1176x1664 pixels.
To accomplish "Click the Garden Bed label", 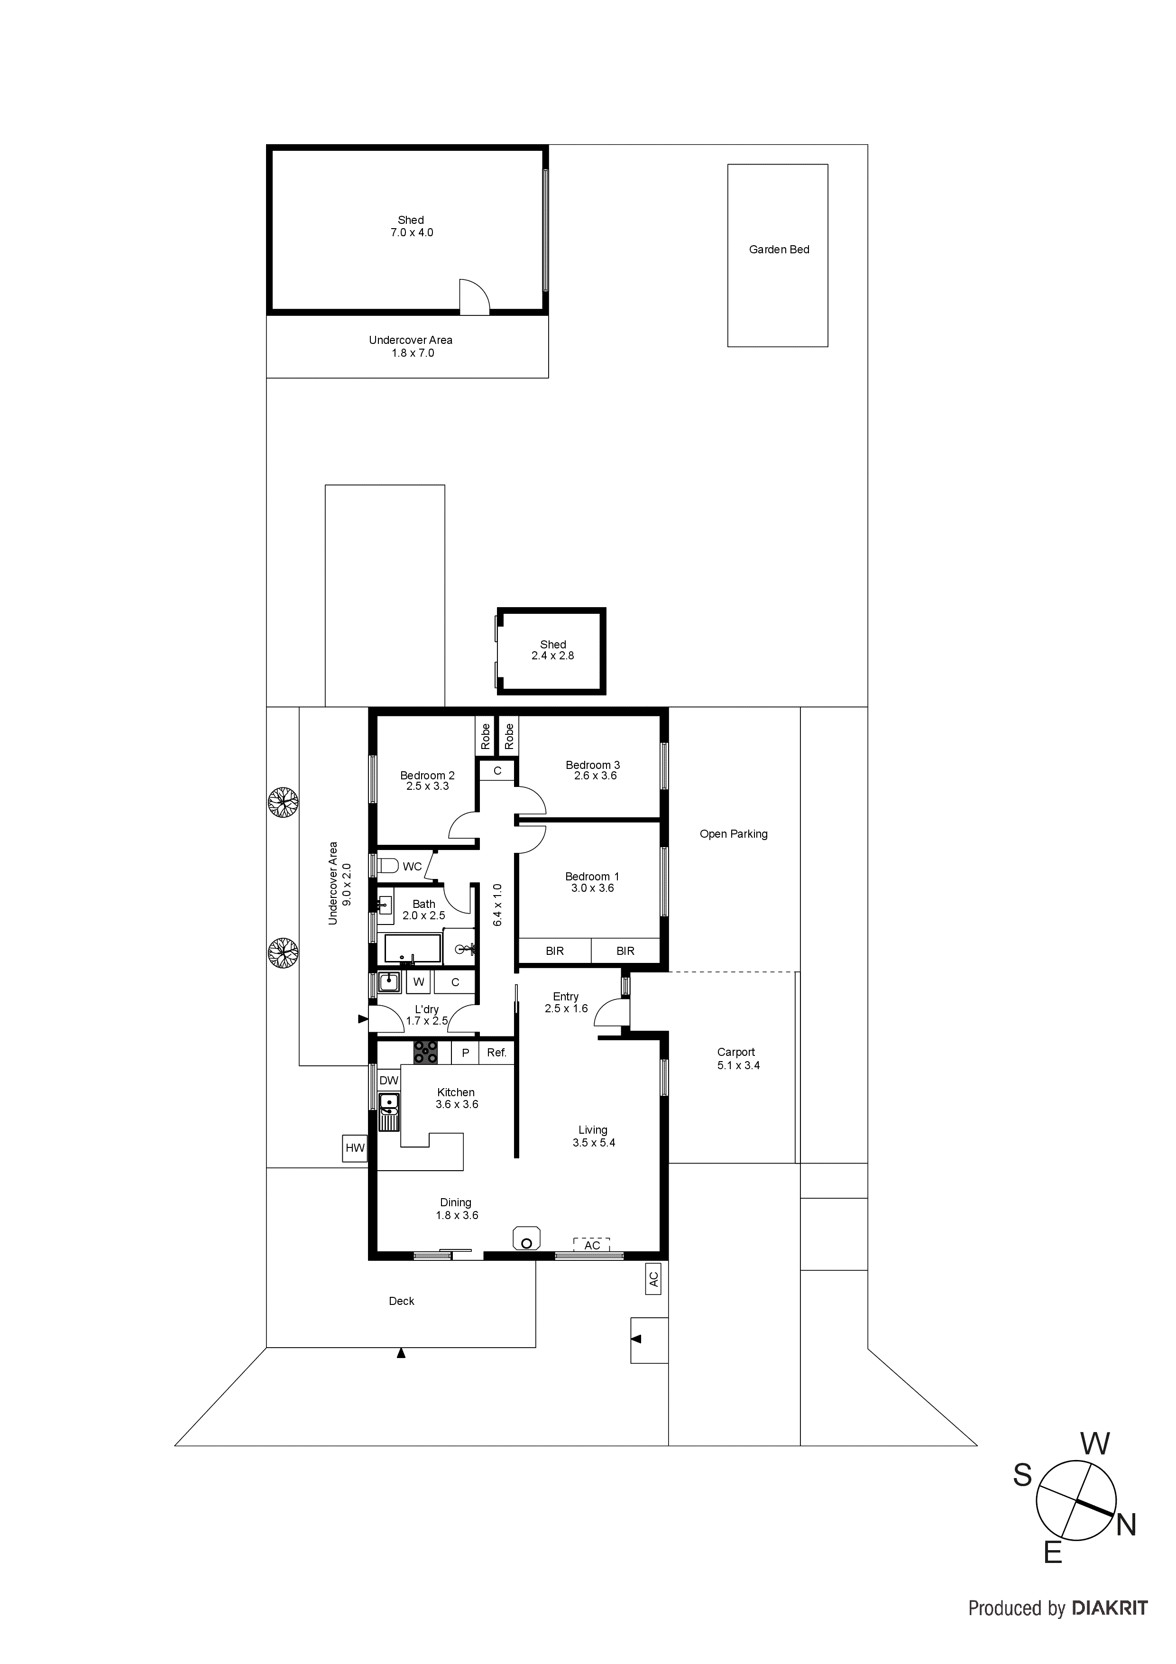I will pyautogui.click(x=779, y=250).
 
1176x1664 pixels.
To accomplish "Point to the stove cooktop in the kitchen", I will pyautogui.click(x=425, y=1052).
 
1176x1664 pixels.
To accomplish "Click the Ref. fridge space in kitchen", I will pyautogui.click(x=496, y=1052).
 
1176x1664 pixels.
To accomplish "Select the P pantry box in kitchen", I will pyautogui.click(x=465, y=1052).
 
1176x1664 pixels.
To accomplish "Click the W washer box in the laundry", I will pyautogui.click(x=419, y=982).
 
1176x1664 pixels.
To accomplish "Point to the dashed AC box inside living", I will pyautogui.click(x=592, y=1244).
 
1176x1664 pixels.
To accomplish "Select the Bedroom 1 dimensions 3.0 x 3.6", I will pyautogui.click(x=592, y=888).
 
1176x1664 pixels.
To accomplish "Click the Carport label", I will pyautogui.click(x=736, y=1052).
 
